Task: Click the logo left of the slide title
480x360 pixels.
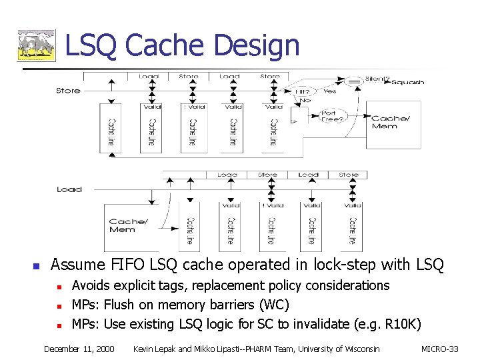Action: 36,46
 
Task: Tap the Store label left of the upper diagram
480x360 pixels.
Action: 68,91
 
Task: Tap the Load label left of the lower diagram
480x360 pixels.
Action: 69,189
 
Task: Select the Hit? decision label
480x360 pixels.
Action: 303,91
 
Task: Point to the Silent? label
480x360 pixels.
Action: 377,79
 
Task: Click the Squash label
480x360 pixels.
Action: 407,83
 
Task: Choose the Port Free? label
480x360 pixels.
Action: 331,117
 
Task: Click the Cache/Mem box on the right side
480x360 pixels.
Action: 393,125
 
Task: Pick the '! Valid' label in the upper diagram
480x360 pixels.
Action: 193,107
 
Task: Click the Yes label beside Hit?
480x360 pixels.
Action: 330,91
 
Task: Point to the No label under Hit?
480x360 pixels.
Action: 305,101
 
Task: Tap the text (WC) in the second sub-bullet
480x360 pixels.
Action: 274,305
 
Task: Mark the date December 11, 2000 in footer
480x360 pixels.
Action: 79,349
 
